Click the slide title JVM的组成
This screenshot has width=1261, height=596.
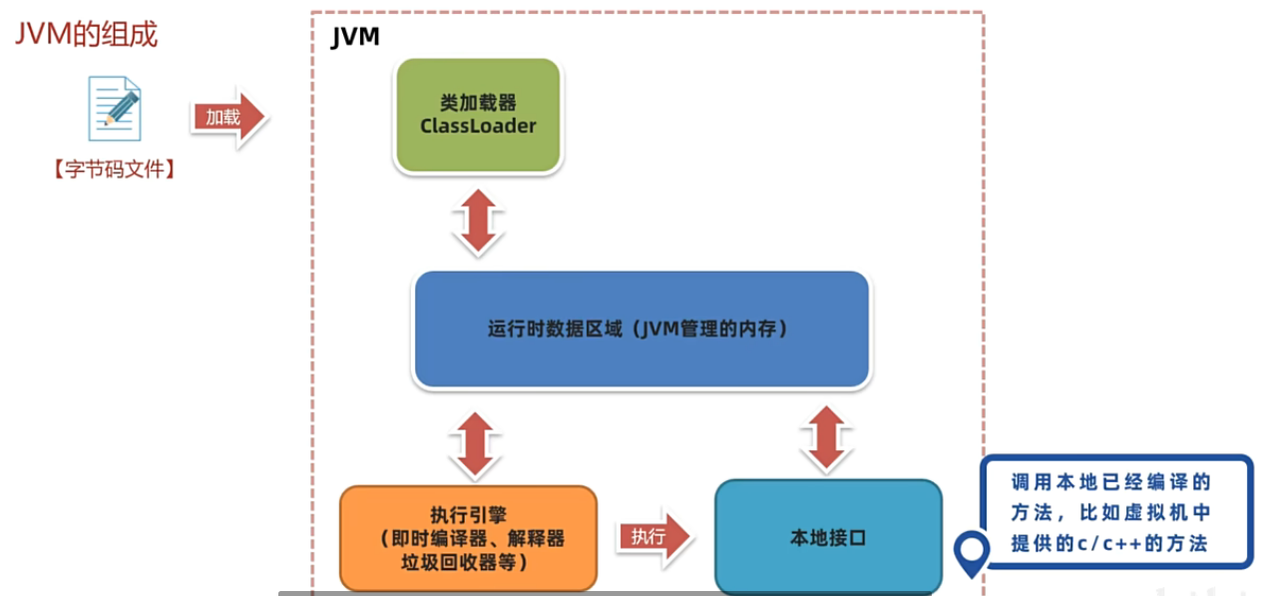click(86, 35)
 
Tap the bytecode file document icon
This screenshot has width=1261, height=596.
click(115, 108)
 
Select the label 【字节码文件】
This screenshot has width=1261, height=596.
click(115, 170)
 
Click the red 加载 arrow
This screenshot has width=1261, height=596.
click(227, 117)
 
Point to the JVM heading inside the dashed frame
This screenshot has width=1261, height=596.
click(355, 39)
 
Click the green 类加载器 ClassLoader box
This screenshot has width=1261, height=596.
click(478, 115)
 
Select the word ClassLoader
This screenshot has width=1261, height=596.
click(478, 127)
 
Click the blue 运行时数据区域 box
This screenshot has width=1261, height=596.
click(640, 328)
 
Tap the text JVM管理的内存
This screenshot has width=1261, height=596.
click(712, 328)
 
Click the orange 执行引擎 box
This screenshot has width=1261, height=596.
click(468, 537)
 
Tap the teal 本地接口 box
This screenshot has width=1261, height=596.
click(827, 537)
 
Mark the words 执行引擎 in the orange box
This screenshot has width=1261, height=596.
click(469, 515)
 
